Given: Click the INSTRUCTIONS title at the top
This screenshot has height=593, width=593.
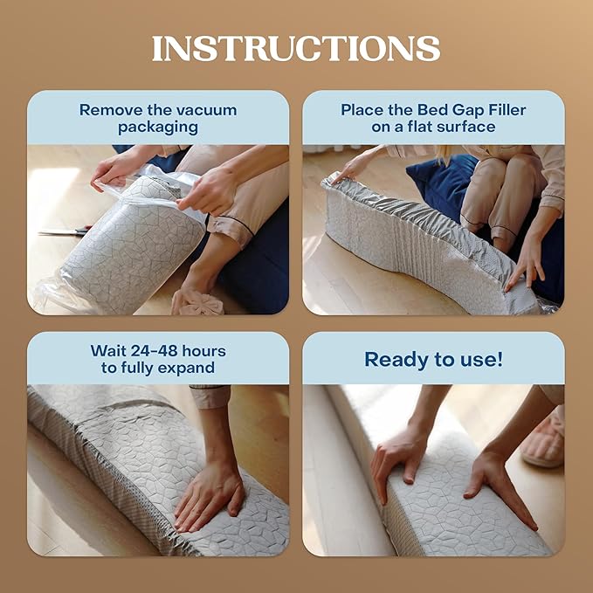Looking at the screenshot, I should [x=296, y=48].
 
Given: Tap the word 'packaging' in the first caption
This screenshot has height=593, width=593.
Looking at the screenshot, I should [x=158, y=128].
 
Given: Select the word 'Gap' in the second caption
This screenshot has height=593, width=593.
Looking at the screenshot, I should [x=450, y=110].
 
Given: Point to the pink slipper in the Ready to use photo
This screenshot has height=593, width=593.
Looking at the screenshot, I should [x=542, y=442].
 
